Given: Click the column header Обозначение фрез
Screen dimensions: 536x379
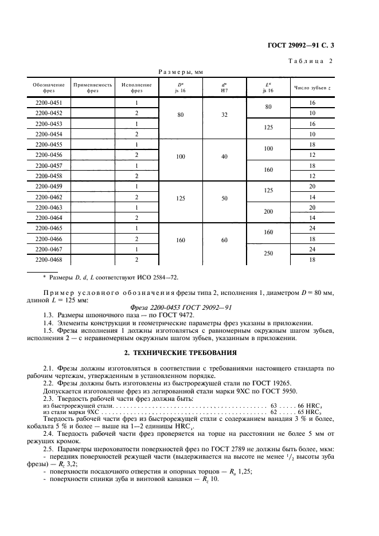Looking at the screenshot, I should tap(49, 87).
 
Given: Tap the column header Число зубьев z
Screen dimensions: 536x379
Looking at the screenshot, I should tap(312, 88).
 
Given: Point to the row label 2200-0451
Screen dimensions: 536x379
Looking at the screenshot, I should tap(49, 103).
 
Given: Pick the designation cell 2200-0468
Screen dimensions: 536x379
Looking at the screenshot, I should tap(49, 259).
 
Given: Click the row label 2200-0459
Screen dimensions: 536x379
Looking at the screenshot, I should tap(49, 186).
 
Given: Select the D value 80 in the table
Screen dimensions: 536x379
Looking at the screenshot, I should tap(181, 113).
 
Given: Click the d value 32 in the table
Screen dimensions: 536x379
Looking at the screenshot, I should tap(225, 113).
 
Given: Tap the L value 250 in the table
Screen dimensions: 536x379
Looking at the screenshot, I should tap(268, 254).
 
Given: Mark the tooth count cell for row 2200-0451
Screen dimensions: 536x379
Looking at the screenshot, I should tap(312, 103).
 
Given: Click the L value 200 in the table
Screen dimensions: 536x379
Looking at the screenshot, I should tap(268, 212).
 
